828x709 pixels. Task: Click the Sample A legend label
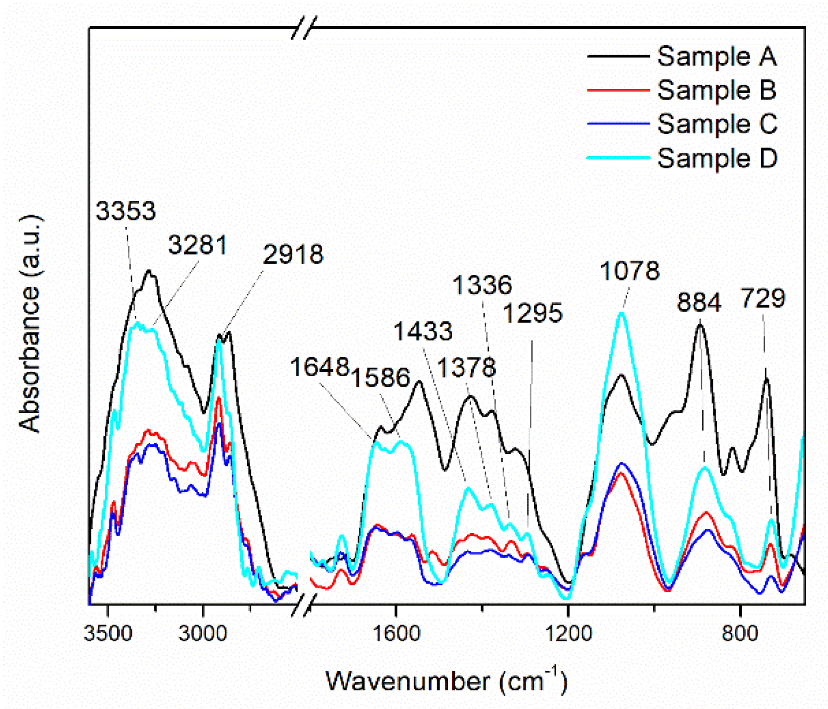click(716, 56)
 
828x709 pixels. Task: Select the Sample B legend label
click(716, 89)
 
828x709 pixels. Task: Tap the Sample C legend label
click(717, 124)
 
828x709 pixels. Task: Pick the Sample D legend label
click(717, 158)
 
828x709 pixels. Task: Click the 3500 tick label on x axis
click(108, 633)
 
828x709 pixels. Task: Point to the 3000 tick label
click(203, 633)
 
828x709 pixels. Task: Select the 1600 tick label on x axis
click(396, 633)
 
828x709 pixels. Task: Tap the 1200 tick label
click(568, 633)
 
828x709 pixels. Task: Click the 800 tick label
click(740, 633)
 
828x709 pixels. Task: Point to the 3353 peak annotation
click(126, 211)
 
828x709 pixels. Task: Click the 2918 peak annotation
click(293, 254)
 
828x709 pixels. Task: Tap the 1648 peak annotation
click(319, 367)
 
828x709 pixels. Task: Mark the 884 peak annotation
click(699, 302)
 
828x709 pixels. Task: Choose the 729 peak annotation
click(763, 298)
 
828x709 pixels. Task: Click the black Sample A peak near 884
click(700, 324)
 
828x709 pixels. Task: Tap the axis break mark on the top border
click(304, 27)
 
